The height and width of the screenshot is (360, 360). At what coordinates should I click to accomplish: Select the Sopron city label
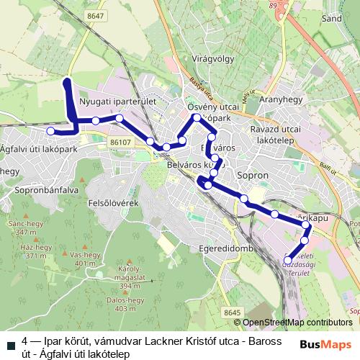coord(252,174)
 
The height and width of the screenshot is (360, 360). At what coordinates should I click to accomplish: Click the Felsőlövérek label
coord(127,204)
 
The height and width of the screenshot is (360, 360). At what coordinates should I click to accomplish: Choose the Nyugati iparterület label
coord(118,103)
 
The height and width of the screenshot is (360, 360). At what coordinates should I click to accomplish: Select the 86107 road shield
coord(122,143)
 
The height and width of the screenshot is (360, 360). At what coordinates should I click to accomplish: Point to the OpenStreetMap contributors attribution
coord(297,323)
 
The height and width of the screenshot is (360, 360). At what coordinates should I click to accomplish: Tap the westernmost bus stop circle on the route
coord(50,131)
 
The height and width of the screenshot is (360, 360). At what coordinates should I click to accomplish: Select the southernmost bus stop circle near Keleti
coord(288,260)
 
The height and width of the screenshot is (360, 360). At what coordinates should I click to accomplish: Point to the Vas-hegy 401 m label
coord(84,259)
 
